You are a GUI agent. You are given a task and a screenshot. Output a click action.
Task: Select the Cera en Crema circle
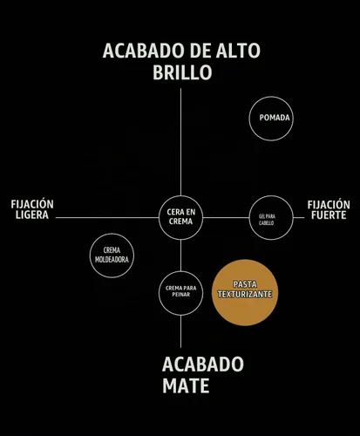pyautogui.click(x=180, y=196)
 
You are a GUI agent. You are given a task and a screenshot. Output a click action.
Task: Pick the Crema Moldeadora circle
pyautogui.click(x=112, y=234)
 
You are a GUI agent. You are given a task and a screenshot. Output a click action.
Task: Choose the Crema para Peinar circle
pyautogui.click(x=180, y=271)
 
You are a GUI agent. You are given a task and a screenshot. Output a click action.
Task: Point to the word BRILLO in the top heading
pyautogui.click(x=182, y=72)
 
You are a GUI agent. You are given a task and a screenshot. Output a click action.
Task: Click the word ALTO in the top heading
pyautogui.click(x=238, y=51)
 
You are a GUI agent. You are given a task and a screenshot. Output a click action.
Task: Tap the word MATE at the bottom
pyautogui.click(x=186, y=385)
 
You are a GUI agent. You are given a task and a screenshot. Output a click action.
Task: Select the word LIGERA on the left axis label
pyautogui.click(x=32, y=215)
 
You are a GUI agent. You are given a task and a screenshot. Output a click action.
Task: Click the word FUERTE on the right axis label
pyautogui.click(x=329, y=215)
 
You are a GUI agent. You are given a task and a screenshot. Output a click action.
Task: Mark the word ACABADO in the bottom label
pyautogui.click(x=203, y=364)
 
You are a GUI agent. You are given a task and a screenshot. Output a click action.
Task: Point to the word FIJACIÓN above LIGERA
pyautogui.click(x=32, y=204)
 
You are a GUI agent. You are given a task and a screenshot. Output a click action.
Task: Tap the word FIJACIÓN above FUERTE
pyautogui.click(x=329, y=204)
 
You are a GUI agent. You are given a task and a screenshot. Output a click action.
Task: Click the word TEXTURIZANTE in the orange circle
pyautogui.click(x=245, y=294)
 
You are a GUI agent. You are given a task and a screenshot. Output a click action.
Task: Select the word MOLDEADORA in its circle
pyautogui.click(x=112, y=260)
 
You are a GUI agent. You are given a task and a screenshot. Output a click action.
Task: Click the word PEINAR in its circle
pyautogui.click(x=180, y=295)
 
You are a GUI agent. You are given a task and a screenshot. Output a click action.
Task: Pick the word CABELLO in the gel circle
pyautogui.click(x=267, y=223)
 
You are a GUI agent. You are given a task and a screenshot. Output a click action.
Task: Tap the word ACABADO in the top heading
pyautogui.click(x=142, y=51)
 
